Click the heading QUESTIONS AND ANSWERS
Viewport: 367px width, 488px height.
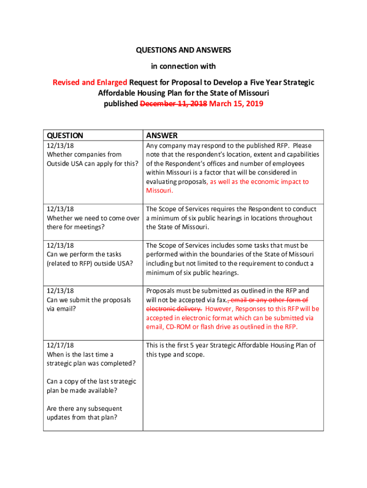pos(183,50)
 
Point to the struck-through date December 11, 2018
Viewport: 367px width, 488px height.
pos(173,103)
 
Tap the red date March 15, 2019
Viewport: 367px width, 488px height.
pos(236,103)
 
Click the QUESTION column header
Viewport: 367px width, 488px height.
pos(65,135)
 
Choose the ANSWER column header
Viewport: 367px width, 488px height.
pos(162,135)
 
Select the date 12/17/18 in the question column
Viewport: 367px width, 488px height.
pos(60,345)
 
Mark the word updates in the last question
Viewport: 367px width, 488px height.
pos(60,417)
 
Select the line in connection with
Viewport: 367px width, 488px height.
pos(183,66)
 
